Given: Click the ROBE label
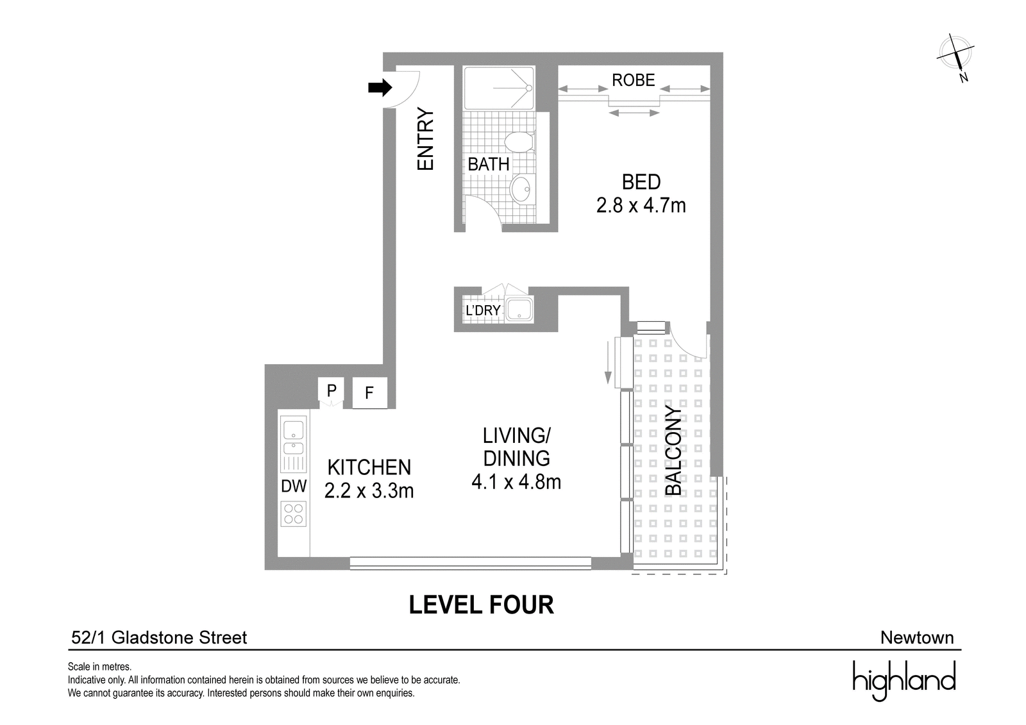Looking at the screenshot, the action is [x=634, y=80].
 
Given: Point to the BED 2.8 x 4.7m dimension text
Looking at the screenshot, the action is [x=641, y=194].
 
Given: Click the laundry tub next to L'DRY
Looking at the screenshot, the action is [x=519, y=308].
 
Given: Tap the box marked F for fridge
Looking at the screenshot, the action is [x=369, y=392].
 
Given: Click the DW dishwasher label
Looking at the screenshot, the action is [x=294, y=487].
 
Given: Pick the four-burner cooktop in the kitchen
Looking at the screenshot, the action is [x=294, y=514].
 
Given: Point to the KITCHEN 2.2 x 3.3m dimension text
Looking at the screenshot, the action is [x=369, y=479].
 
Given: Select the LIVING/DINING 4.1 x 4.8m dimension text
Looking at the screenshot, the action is [x=516, y=458].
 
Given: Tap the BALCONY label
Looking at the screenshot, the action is [x=673, y=451].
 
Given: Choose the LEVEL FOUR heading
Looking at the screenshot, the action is [x=481, y=604].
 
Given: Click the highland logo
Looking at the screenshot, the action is [x=904, y=681].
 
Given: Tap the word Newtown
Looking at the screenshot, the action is [x=917, y=638].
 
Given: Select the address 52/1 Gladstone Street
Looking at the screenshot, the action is [x=159, y=638].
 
